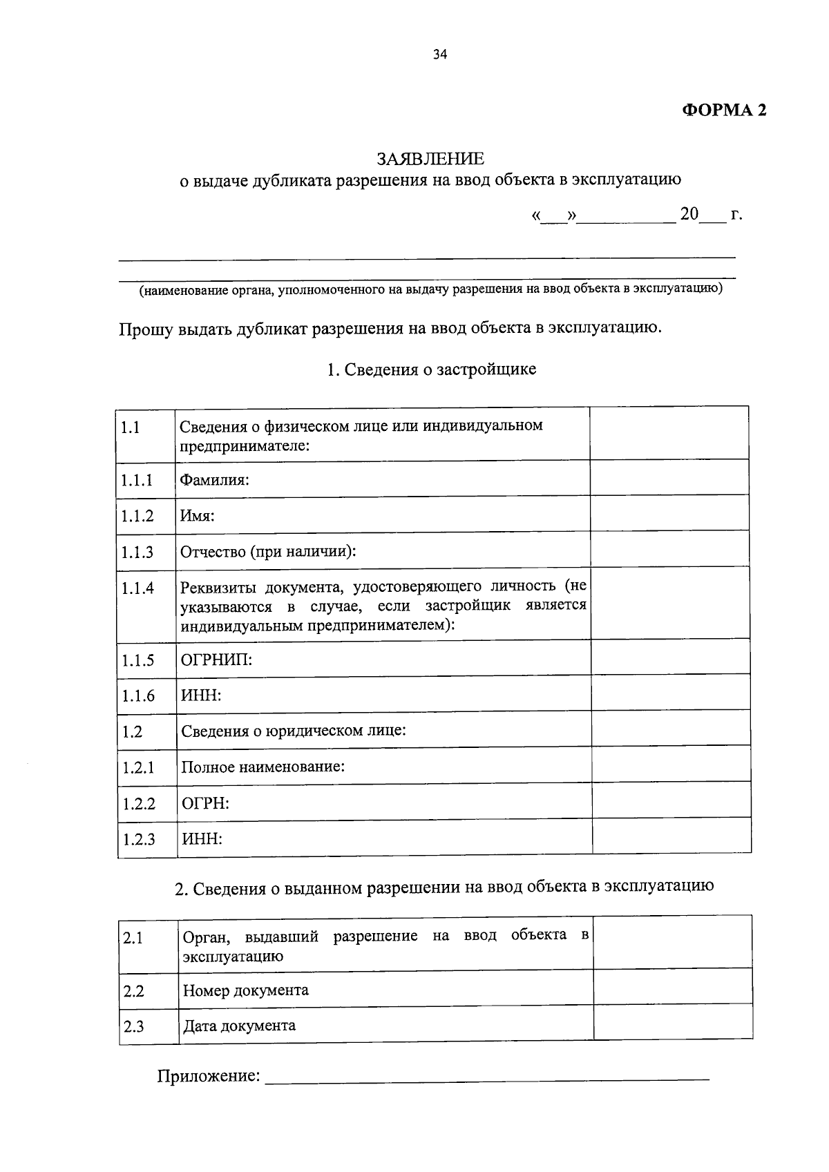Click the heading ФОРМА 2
(x=724, y=111)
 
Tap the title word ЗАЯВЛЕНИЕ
(x=430, y=159)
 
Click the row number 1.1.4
(x=137, y=588)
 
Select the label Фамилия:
(x=214, y=479)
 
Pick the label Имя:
(x=198, y=515)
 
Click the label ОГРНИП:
(x=216, y=660)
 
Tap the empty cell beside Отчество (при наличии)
(x=669, y=550)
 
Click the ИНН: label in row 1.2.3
(x=202, y=839)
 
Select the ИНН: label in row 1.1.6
(x=201, y=695)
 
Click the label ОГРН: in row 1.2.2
(x=205, y=803)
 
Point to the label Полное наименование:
(x=263, y=767)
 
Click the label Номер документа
(x=245, y=990)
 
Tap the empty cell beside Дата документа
(x=673, y=1023)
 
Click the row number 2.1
(x=133, y=938)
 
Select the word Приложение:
(x=209, y=1076)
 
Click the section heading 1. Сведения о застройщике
(x=431, y=369)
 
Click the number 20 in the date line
(x=689, y=213)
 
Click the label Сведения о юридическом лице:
(x=293, y=731)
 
